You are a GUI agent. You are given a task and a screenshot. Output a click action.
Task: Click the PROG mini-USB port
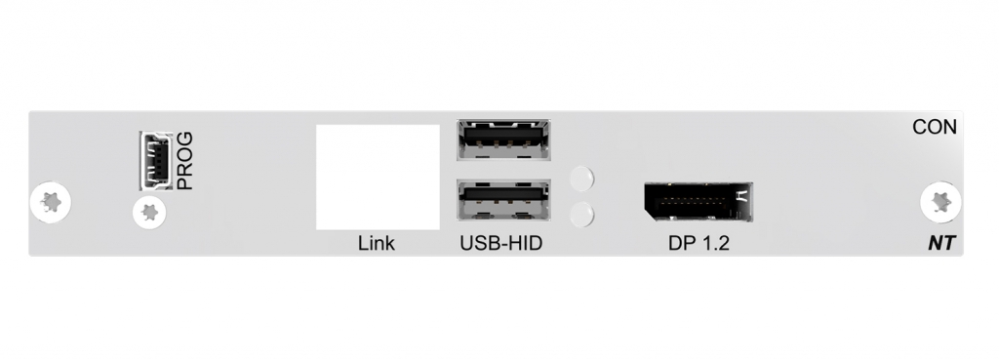[153, 160]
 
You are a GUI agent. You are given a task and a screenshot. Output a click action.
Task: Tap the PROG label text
[185, 160]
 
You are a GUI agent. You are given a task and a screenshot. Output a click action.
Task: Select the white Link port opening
[378, 177]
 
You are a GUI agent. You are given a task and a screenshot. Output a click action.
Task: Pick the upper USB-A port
[501, 139]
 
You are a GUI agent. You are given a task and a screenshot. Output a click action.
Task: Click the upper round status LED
[581, 179]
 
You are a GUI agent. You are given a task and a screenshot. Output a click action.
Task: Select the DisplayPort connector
[699, 203]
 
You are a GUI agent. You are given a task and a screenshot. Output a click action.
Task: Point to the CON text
[934, 128]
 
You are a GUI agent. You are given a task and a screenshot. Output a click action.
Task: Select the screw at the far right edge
[939, 202]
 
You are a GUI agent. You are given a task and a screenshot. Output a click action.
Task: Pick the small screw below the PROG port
[150, 211]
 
